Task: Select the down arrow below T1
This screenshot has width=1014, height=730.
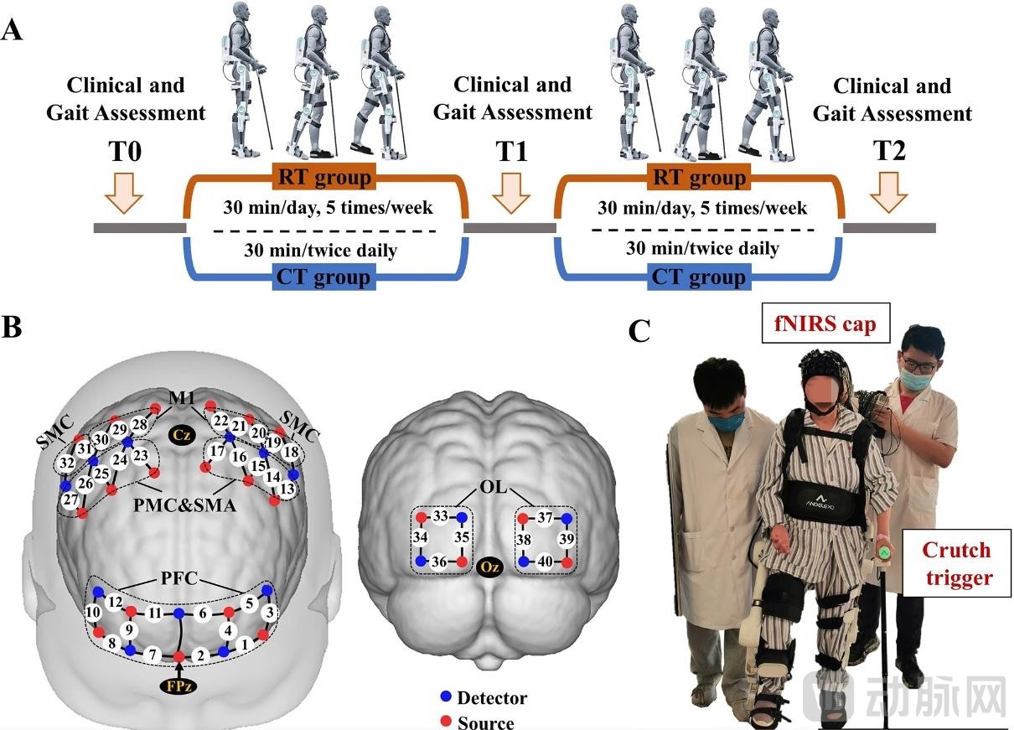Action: [x=510, y=193]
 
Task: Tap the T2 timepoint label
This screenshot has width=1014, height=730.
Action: [x=892, y=154]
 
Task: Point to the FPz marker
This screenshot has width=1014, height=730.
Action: [x=178, y=685]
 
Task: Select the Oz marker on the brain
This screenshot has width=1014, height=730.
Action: [x=491, y=568]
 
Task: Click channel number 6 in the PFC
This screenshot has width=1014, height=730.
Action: [x=202, y=614]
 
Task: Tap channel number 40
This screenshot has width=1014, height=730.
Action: [x=544, y=561]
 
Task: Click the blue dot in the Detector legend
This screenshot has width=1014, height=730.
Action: [x=447, y=697]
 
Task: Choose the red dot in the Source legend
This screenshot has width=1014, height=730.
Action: [x=447, y=720]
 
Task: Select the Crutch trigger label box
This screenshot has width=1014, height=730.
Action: [x=956, y=562]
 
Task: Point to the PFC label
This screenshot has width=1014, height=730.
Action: [x=179, y=577]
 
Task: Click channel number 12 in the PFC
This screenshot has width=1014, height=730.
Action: [x=116, y=602]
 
